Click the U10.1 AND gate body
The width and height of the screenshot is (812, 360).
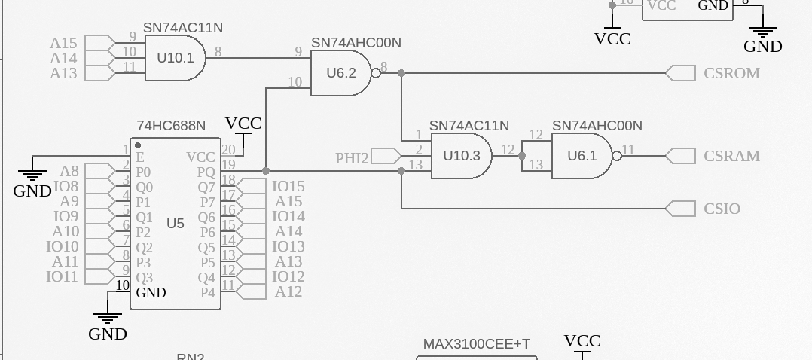pos(175,57)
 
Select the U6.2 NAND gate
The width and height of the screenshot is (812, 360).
pos(341,73)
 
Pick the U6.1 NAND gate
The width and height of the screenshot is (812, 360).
pos(582,156)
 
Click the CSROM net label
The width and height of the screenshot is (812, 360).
pos(731,73)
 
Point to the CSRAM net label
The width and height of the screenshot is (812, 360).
pos(731,156)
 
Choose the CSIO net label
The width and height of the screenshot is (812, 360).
pos(722,209)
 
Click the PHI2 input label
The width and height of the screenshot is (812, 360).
pos(352,157)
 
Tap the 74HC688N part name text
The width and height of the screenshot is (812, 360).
pos(171,125)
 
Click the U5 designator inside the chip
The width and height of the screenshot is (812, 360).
pos(176,223)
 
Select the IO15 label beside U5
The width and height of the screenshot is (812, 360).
pos(288,186)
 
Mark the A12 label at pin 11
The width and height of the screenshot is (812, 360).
pos(288,291)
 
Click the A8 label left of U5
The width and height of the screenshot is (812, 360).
pos(69,171)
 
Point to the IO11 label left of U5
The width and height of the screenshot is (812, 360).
pos(62,276)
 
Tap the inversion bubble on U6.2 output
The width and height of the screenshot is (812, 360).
pos(376,73)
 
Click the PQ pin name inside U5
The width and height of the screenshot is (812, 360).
pos(206,172)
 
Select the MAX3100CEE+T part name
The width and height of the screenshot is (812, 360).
pos(476,344)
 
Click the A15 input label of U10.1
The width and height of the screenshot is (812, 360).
pos(63,43)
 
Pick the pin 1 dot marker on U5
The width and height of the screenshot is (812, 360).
pos(138,145)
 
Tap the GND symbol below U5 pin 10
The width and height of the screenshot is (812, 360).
pos(108,319)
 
